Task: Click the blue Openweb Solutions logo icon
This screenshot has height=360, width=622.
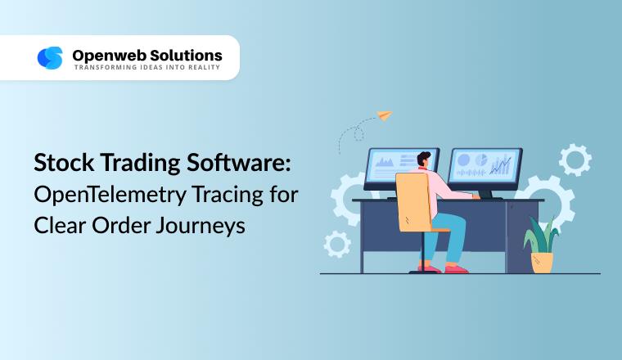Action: pyautogui.click(x=50, y=57)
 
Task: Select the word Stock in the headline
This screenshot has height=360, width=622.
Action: pyautogui.click(x=60, y=164)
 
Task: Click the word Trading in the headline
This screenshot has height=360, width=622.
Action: pyautogui.click(x=134, y=164)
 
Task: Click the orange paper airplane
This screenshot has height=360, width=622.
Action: pyautogui.click(x=383, y=115)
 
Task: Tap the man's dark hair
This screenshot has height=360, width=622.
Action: pyautogui.click(x=425, y=158)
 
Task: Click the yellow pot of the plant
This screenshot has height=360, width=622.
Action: pyautogui.click(x=541, y=261)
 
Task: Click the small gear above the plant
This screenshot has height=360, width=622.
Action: pyautogui.click(x=575, y=159)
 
